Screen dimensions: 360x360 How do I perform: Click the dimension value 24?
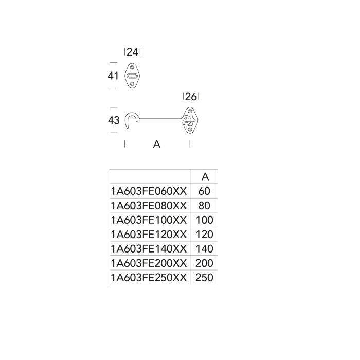[x=133, y=52]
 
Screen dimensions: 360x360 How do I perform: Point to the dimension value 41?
[x=114, y=76]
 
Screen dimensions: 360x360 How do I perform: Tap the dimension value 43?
[x=114, y=121]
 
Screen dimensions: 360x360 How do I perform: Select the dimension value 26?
[x=191, y=97]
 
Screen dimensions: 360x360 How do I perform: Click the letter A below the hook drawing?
[x=157, y=145]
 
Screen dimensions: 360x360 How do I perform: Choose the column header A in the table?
[x=205, y=176]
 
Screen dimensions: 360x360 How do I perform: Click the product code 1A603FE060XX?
[x=149, y=191]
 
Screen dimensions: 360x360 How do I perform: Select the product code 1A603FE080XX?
[x=149, y=206]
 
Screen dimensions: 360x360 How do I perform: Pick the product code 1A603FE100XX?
[x=149, y=220]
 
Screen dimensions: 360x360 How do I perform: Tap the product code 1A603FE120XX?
[x=149, y=235]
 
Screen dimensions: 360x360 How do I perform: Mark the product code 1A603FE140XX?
[x=149, y=249]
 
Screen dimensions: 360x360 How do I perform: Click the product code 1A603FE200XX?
[x=149, y=263]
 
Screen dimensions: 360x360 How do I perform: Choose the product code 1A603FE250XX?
[x=149, y=278]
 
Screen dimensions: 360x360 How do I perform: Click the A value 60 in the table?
[x=204, y=191]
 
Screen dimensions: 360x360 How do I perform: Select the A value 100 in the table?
[x=204, y=220]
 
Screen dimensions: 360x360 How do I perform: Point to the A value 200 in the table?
[x=204, y=263]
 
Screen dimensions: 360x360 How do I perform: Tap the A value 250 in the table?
[x=204, y=278]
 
